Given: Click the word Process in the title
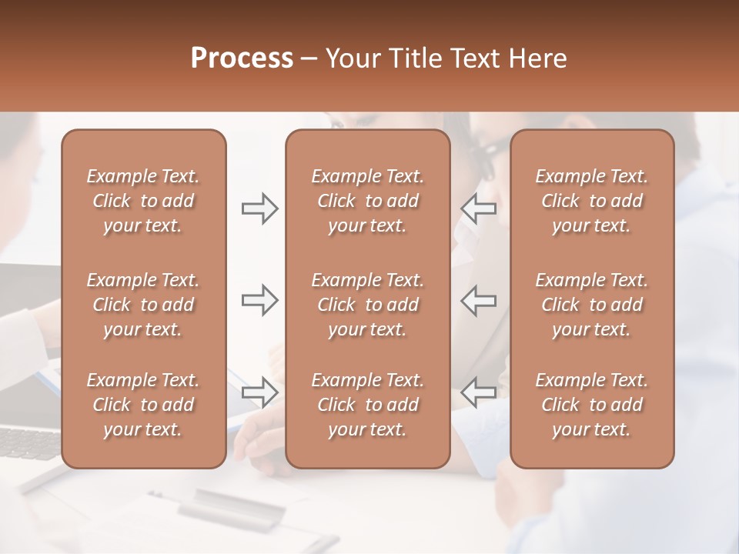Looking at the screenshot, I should click(242, 58).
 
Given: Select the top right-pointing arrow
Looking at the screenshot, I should click(260, 209).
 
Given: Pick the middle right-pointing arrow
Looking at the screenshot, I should click(260, 300).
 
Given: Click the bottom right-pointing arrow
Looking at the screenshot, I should click(260, 392).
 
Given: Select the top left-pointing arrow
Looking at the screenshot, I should click(479, 209).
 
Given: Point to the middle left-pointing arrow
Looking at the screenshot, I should click(479, 300).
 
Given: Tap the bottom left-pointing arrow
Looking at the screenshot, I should click(479, 392).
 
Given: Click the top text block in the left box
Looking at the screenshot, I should click(143, 201).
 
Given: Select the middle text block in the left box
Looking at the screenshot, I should click(143, 305).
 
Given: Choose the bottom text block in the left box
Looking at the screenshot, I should click(143, 405).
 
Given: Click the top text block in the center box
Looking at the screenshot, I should click(368, 201).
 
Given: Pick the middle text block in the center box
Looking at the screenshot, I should click(368, 305).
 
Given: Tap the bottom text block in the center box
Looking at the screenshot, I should click(368, 405).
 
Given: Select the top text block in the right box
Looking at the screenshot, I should click(592, 201).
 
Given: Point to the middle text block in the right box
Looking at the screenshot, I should click(592, 305).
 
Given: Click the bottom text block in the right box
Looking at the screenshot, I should click(592, 405).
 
